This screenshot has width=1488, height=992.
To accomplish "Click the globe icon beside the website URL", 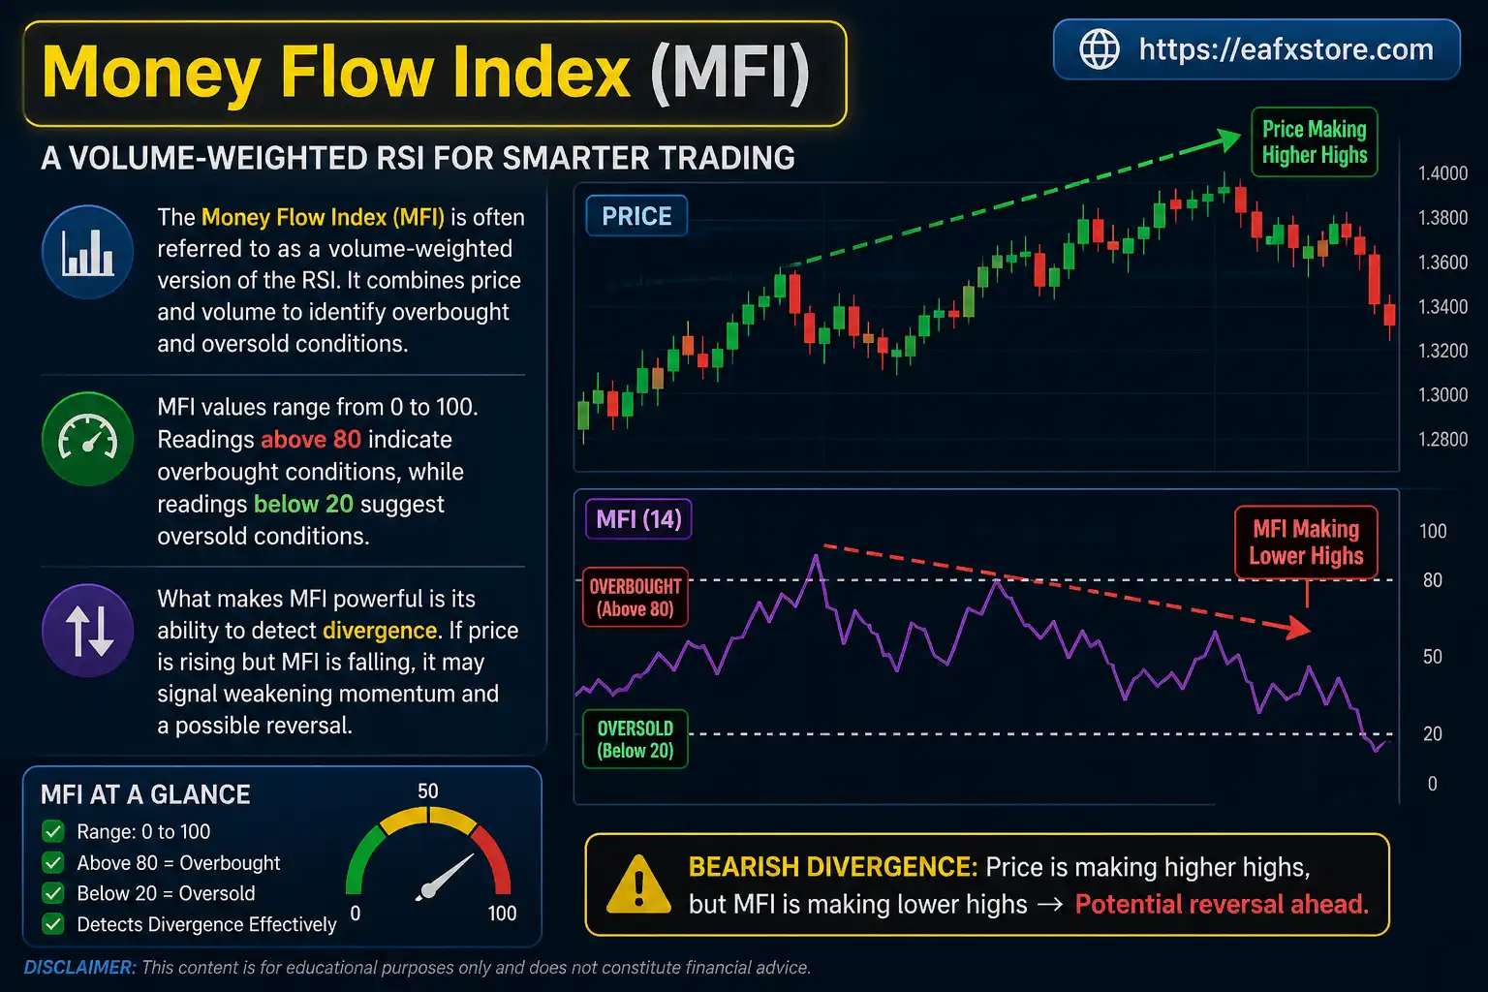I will tap(1099, 49).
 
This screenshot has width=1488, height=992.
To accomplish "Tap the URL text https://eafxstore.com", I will tap(1286, 49).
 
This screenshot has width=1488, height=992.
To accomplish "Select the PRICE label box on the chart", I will tap(636, 216).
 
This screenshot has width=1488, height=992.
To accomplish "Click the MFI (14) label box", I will tap(638, 519).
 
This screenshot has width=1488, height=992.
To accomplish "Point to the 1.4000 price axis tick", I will tap(1442, 173).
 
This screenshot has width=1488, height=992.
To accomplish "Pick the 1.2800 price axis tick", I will tap(1442, 440).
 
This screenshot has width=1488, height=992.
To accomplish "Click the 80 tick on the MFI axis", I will tap(1432, 580).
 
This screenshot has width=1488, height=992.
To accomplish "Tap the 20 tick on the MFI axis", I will tap(1432, 734).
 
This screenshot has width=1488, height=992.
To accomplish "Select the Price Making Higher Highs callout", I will tap(1314, 142).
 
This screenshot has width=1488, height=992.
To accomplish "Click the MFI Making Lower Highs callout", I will tap(1306, 542).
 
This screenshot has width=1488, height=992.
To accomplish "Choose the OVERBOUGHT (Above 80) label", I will tap(635, 598).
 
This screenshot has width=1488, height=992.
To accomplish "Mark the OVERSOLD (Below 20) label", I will tap(635, 739).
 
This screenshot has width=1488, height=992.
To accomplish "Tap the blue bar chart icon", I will tap(88, 252).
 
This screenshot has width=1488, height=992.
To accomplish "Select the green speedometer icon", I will tap(88, 439).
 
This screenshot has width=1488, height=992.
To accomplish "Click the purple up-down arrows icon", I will tap(88, 631).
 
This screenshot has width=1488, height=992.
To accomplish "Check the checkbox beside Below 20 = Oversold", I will tap(53, 893).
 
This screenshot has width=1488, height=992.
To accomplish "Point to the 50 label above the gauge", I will tap(427, 791).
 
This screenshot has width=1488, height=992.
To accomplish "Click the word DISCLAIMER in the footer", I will tap(79, 968).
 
